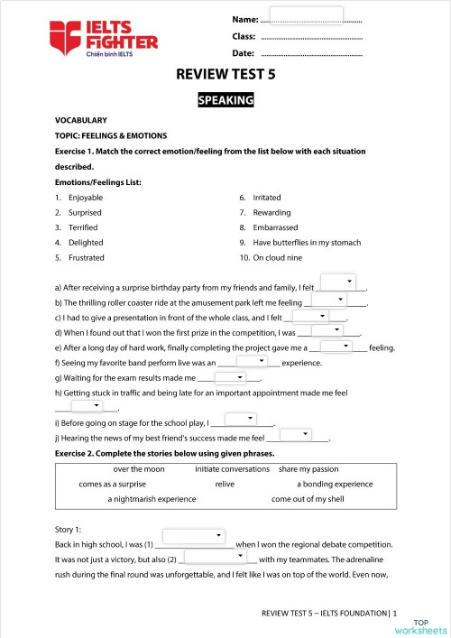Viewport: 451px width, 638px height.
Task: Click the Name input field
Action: click(307, 16)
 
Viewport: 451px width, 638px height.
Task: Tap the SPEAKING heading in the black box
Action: click(225, 100)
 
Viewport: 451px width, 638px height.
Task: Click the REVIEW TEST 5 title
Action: click(225, 76)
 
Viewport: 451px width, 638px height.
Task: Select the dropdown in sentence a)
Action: click(339, 282)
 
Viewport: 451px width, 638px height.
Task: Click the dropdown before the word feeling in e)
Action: click(339, 346)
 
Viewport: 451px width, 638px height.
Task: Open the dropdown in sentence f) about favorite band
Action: click(253, 361)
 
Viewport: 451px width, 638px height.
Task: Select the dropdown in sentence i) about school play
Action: click(242, 420)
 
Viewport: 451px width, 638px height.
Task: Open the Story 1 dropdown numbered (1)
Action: click(207, 537)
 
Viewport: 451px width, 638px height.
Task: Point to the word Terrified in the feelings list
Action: click(83, 227)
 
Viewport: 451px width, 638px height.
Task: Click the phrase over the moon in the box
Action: click(139, 469)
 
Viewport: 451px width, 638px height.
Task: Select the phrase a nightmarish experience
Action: click(152, 498)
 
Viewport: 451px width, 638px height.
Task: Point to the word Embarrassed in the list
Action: click(274, 227)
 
